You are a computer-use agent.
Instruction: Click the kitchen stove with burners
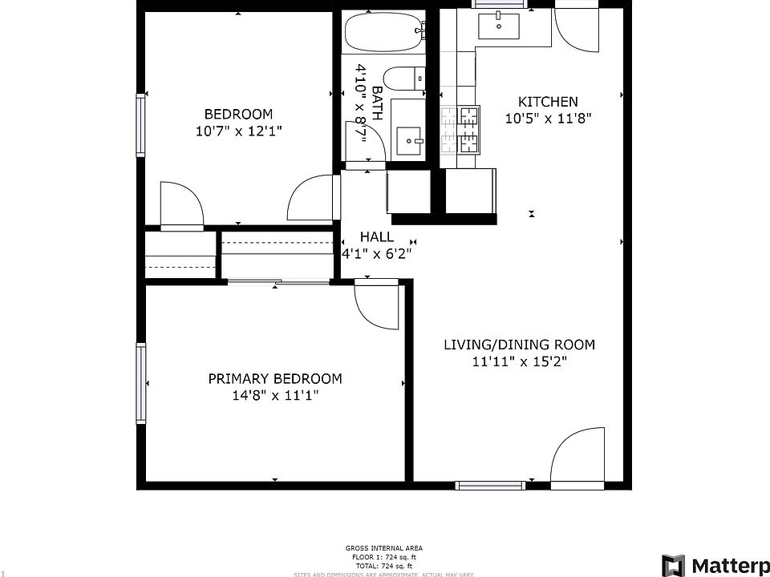[460, 130]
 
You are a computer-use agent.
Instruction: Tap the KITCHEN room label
[548, 102]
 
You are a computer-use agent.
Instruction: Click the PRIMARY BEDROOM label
[275, 378]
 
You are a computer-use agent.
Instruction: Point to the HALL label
[376, 236]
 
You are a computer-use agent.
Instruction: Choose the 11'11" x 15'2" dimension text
[520, 361]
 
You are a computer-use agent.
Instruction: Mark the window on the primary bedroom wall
[142, 382]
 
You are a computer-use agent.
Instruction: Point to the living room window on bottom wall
[490, 485]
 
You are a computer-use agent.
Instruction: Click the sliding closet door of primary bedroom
[278, 281]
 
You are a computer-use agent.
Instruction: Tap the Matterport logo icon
[673, 565]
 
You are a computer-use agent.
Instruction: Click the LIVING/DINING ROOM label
[520, 345]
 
